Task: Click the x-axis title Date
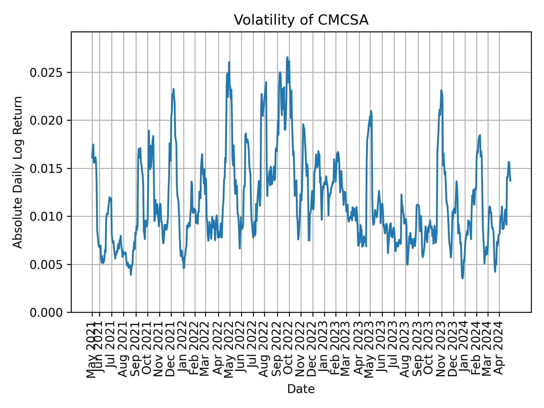(x=301, y=389)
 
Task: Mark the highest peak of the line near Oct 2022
(x=287, y=58)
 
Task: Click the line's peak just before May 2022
(x=229, y=62)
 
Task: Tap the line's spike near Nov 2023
(x=441, y=90)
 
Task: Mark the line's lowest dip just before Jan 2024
(x=462, y=278)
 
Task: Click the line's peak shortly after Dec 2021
(x=173, y=89)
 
